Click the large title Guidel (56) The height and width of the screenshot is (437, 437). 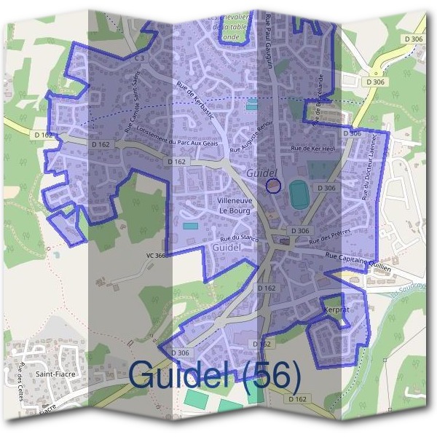214,374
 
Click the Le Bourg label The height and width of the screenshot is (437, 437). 235,210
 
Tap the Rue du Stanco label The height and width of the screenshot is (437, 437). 240,237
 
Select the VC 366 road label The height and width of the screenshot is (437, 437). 156,256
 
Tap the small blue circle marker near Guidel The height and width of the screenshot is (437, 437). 273,186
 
